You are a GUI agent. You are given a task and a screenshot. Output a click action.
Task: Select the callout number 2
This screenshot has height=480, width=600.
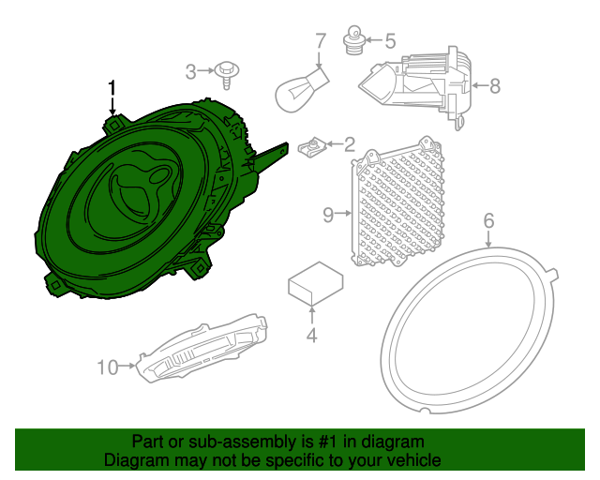[349, 144]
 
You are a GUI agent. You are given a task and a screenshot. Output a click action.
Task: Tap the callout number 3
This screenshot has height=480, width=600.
[190, 70]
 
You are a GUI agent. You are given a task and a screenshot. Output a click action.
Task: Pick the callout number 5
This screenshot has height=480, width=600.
[390, 40]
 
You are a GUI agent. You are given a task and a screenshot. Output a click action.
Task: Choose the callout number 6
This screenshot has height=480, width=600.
[488, 221]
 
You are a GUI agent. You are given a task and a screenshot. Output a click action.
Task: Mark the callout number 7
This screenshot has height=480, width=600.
[320, 40]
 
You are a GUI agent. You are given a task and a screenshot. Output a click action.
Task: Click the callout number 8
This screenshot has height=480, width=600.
[494, 85]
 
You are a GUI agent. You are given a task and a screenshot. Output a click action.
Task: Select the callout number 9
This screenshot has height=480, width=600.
[328, 216]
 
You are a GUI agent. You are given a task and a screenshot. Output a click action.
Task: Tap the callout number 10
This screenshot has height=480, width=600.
[107, 367]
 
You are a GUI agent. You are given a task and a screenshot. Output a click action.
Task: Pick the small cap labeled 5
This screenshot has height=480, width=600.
[355, 41]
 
